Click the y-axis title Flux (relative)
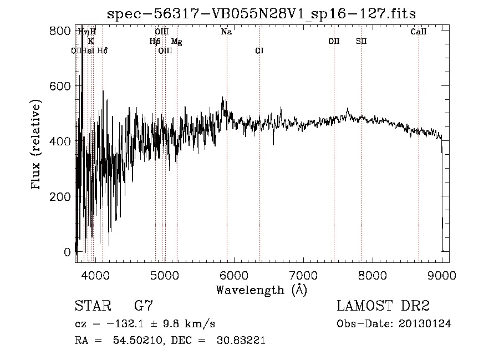pyautogui.click(x=37, y=145)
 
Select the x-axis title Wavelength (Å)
pyautogui.click(x=261, y=290)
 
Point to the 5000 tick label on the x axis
pyautogui.click(x=164, y=275)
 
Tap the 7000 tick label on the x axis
pyautogui.click(x=303, y=275)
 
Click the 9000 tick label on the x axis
pyautogui.click(x=441, y=275)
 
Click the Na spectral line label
pyautogui.click(x=226, y=32)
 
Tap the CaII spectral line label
pyautogui.click(x=419, y=32)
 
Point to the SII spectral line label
pyautogui.click(x=361, y=41)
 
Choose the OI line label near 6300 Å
pyautogui.click(x=259, y=50)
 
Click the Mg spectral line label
pyautogui.click(x=176, y=41)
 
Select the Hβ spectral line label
pyautogui.click(x=155, y=41)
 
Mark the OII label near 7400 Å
pyautogui.click(x=334, y=41)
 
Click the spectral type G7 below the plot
pyautogui.click(x=144, y=307)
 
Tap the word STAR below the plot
pyautogui.click(x=93, y=307)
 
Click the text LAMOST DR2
pyautogui.click(x=383, y=307)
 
